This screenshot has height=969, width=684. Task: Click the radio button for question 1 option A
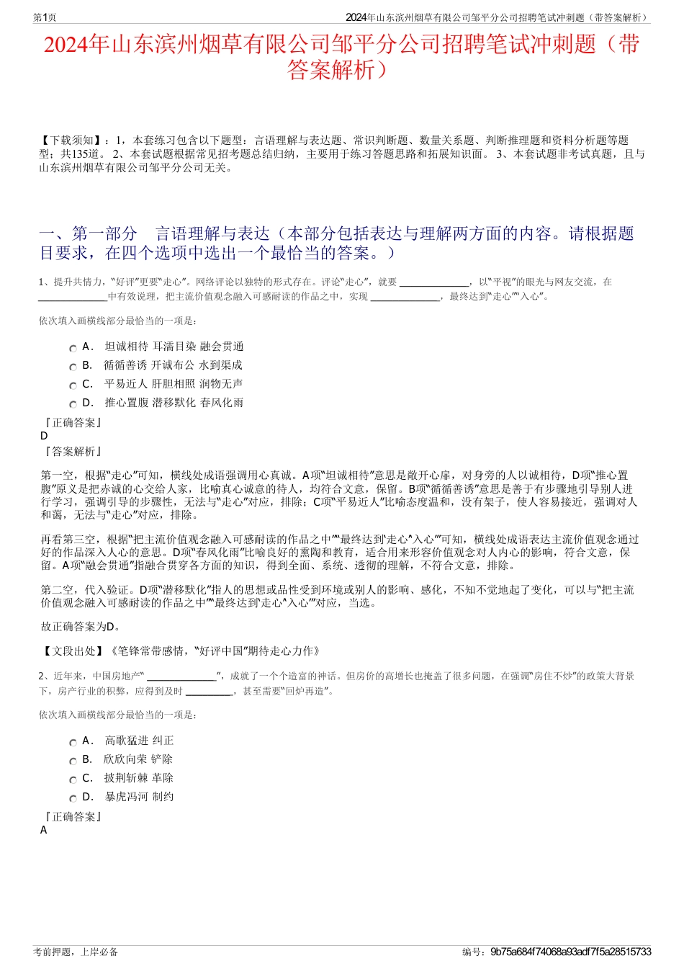(73, 349)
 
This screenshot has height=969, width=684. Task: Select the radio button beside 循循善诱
(73, 367)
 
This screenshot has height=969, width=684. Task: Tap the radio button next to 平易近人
(73, 386)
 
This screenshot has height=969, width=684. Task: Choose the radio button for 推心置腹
(73, 405)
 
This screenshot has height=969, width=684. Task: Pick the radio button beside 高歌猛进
(73, 743)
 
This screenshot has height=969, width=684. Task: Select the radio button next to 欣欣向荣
(73, 762)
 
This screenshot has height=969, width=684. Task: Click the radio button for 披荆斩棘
(73, 780)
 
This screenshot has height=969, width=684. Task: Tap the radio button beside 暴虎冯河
(73, 799)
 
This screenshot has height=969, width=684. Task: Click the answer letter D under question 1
(45, 436)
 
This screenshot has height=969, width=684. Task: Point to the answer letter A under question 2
(44, 830)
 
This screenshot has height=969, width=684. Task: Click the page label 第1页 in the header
(45, 17)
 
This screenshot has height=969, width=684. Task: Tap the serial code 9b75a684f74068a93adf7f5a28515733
(570, 952)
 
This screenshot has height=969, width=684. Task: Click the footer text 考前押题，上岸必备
(76, 952)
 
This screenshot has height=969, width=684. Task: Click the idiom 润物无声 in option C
(221, 384)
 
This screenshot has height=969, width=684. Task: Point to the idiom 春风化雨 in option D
(222, 403)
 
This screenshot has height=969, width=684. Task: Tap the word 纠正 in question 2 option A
(163, 741)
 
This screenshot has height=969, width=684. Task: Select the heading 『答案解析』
(73, 452)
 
